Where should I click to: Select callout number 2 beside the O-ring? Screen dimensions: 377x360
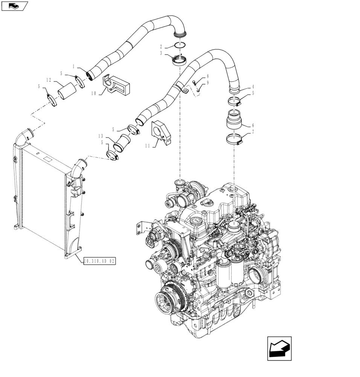(x=161, y=47)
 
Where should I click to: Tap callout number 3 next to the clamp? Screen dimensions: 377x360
(x=161, y=54)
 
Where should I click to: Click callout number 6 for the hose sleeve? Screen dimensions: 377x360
(x=253, y=125)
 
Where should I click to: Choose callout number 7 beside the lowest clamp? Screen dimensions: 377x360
(x=253, y=132)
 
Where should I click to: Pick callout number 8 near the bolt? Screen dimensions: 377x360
(x=207, y=76)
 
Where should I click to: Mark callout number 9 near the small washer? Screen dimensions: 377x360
(x=207, y=83)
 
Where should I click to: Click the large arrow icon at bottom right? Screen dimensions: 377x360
(x=279, y=348)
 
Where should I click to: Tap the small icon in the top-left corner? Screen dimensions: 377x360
(x=14, y=6)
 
